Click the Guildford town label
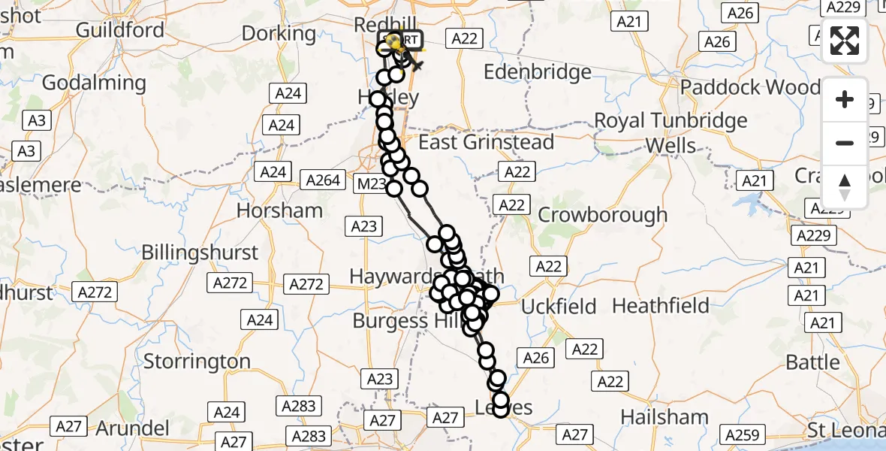click(x=120, y=30)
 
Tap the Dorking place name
click(x=279, y=33)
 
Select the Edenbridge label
click(x=538, y=72)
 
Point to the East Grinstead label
click(x=486, y=142)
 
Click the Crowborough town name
click(x=602, y=215)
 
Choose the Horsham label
click(x=279, y=210)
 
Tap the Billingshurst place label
click(x=200, y=253)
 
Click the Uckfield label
click(x=559, y=307)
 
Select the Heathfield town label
click(x=661, y=306)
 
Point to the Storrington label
click(x=197, y=362)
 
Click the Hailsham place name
click(x=664, y=417)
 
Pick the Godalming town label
click(x=94, y=83)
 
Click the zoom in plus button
click(x=845, y=99)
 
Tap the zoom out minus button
click(x=845, y=143)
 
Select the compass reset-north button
click(x=845, y=186)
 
